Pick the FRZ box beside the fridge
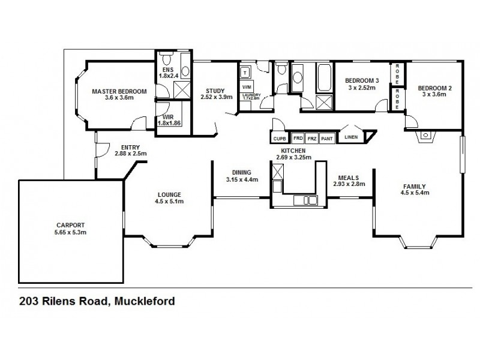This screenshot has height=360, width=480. point(311,137)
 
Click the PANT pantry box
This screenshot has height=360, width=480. point(327,137)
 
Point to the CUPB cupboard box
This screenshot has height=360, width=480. point(280,138)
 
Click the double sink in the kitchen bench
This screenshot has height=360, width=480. point(310,200)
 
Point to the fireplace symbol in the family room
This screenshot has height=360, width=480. point(425,136)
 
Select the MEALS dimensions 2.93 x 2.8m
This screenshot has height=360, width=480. point(349,184)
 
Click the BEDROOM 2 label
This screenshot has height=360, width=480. point(434,89)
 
